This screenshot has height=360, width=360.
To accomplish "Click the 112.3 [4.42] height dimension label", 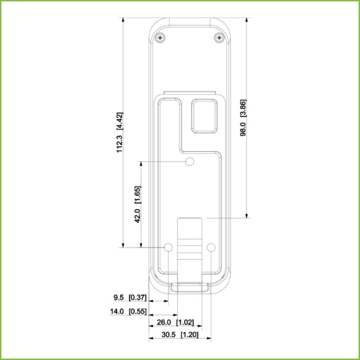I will [119, 133].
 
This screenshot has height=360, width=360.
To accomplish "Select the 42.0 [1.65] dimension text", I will [137, 205].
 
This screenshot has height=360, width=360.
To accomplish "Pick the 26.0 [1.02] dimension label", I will [175, 323].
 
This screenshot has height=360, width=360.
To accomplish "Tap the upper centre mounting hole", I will [190, 162].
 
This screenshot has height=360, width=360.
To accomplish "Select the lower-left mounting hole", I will [169, 247].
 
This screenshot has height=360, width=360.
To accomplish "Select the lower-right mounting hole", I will [211, 247].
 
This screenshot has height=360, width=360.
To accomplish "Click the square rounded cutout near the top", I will [203, 115].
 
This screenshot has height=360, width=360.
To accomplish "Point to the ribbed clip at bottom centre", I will [190, 246].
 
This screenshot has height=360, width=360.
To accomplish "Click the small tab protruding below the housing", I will [190, 287].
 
